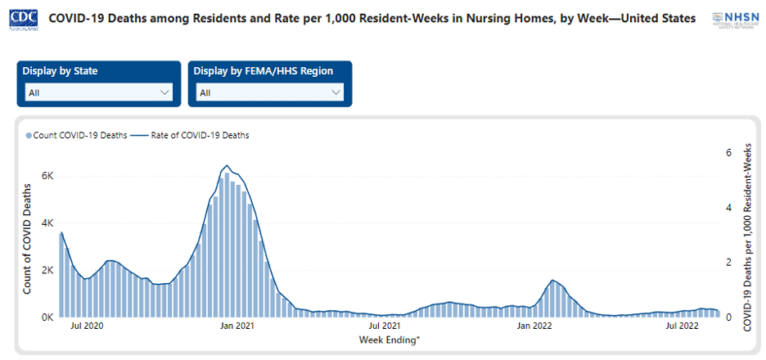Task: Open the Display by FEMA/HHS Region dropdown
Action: [x=270, y=92]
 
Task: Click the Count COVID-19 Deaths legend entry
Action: [x=77, y=136]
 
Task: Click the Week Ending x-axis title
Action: [x=389, y=339]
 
